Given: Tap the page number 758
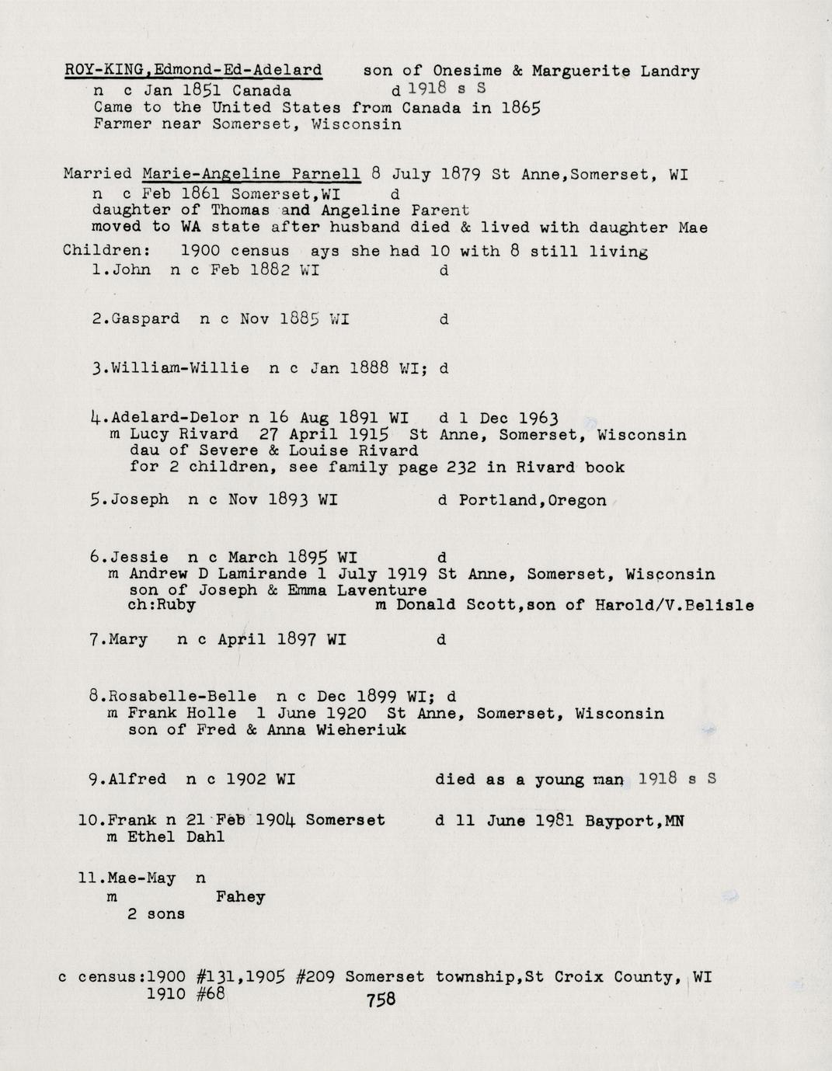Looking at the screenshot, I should [381, 999].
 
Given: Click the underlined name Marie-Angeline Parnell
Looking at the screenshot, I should [251, 173].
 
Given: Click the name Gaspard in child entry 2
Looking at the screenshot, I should [145, 318].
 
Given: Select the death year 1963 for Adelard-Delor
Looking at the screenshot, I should [538, 418].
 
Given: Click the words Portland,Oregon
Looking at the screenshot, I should [532, 500].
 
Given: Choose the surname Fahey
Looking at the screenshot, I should [240, 897].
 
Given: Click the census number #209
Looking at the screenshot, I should [315, 977].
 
